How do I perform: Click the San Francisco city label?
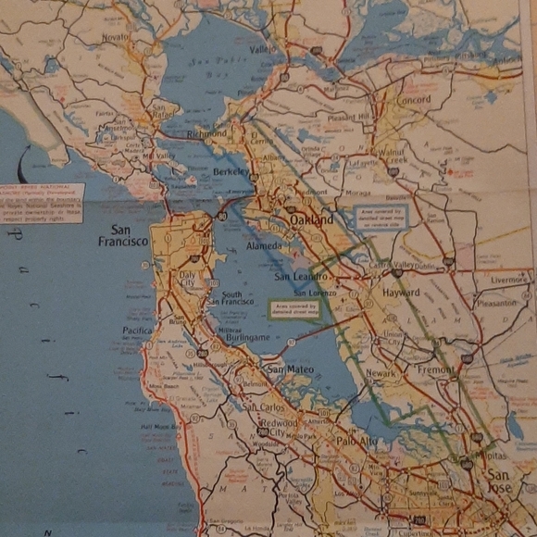coord(123,235)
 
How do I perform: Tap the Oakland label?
coord(311,221)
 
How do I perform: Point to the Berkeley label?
coord(231,172)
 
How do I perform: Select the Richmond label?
coord(207,133)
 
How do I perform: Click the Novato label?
coord(116,37)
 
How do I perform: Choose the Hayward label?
coord(401,292)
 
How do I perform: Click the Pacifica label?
coord(138,330)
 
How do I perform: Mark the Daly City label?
coord(190,280)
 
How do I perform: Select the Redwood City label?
coord(278,427)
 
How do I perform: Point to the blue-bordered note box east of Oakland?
coord(381,218)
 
